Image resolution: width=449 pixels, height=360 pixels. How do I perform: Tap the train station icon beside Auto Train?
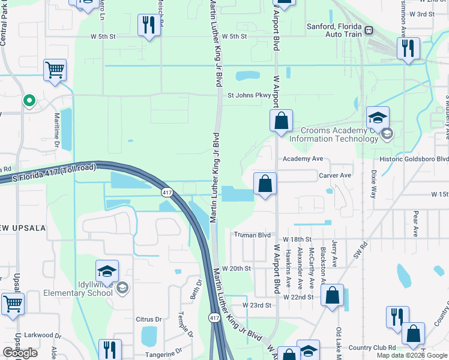(x=369, y=29)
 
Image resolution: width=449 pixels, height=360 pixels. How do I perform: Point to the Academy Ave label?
(x=303, y=159)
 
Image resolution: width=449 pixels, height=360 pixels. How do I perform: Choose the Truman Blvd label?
(x=253, y=235)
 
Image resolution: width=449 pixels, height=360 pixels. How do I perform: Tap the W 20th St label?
(x=236, y=268)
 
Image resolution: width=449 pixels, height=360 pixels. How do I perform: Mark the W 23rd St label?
(x=257, y=305)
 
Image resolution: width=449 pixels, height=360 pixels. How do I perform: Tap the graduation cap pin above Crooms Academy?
(x=378, y=118)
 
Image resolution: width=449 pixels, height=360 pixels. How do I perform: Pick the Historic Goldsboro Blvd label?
(x=414, y=159)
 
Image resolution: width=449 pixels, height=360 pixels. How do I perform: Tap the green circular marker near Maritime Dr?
(x=28, y=101)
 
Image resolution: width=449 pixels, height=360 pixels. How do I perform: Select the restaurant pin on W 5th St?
(x=148, y=25)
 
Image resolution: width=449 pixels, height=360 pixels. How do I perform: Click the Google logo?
(x=20, y=353)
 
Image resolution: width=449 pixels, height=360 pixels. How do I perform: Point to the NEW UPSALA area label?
(x=22, y=227)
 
